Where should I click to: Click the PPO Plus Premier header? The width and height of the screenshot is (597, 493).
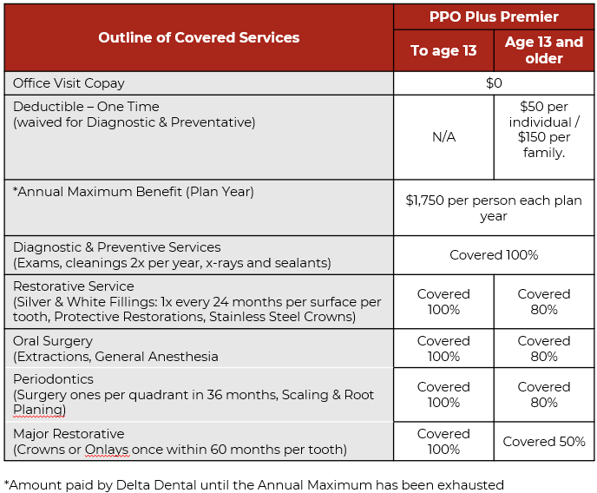(x=494, y=16)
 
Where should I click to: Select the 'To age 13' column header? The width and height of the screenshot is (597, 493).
(x=443, y=50)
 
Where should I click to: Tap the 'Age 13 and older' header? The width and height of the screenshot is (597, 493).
(x=544, y=50)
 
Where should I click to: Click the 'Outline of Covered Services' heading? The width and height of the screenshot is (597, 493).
(x=199, y=37)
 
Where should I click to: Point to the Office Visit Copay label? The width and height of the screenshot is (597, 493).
(x=69, y=83)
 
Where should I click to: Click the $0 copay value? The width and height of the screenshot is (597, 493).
(x=494, y=83)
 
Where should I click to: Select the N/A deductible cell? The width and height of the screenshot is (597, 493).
(x=443, y=137)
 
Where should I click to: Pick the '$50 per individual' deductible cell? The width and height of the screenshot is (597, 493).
(x=544, y=129)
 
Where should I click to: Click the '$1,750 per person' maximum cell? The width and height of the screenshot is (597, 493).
(x=494, y=207)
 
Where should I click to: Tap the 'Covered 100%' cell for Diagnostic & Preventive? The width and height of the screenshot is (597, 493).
(x=494, y=255)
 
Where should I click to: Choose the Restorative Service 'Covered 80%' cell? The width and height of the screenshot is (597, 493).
(x=544, y=302)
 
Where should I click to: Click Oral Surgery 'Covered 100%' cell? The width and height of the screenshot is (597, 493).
(x=443, y=349)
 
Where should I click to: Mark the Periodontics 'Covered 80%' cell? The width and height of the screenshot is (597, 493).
(x=544, y=395)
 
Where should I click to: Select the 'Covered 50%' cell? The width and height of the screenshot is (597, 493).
(x=544, y=442)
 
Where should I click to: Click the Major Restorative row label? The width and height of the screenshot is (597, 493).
(x=69, y=434)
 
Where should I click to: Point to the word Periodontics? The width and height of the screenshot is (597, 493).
(x=53, y=379)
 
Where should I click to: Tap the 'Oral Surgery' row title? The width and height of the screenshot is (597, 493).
(x=53, y=341)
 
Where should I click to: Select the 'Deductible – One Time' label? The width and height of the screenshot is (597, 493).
(x=86, y=107)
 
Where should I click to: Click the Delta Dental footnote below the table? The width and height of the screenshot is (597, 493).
(x=253, y=484)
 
